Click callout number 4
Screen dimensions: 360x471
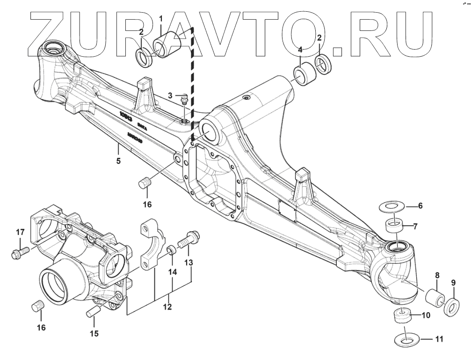(300, 49)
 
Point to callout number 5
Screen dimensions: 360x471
(118, 162)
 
